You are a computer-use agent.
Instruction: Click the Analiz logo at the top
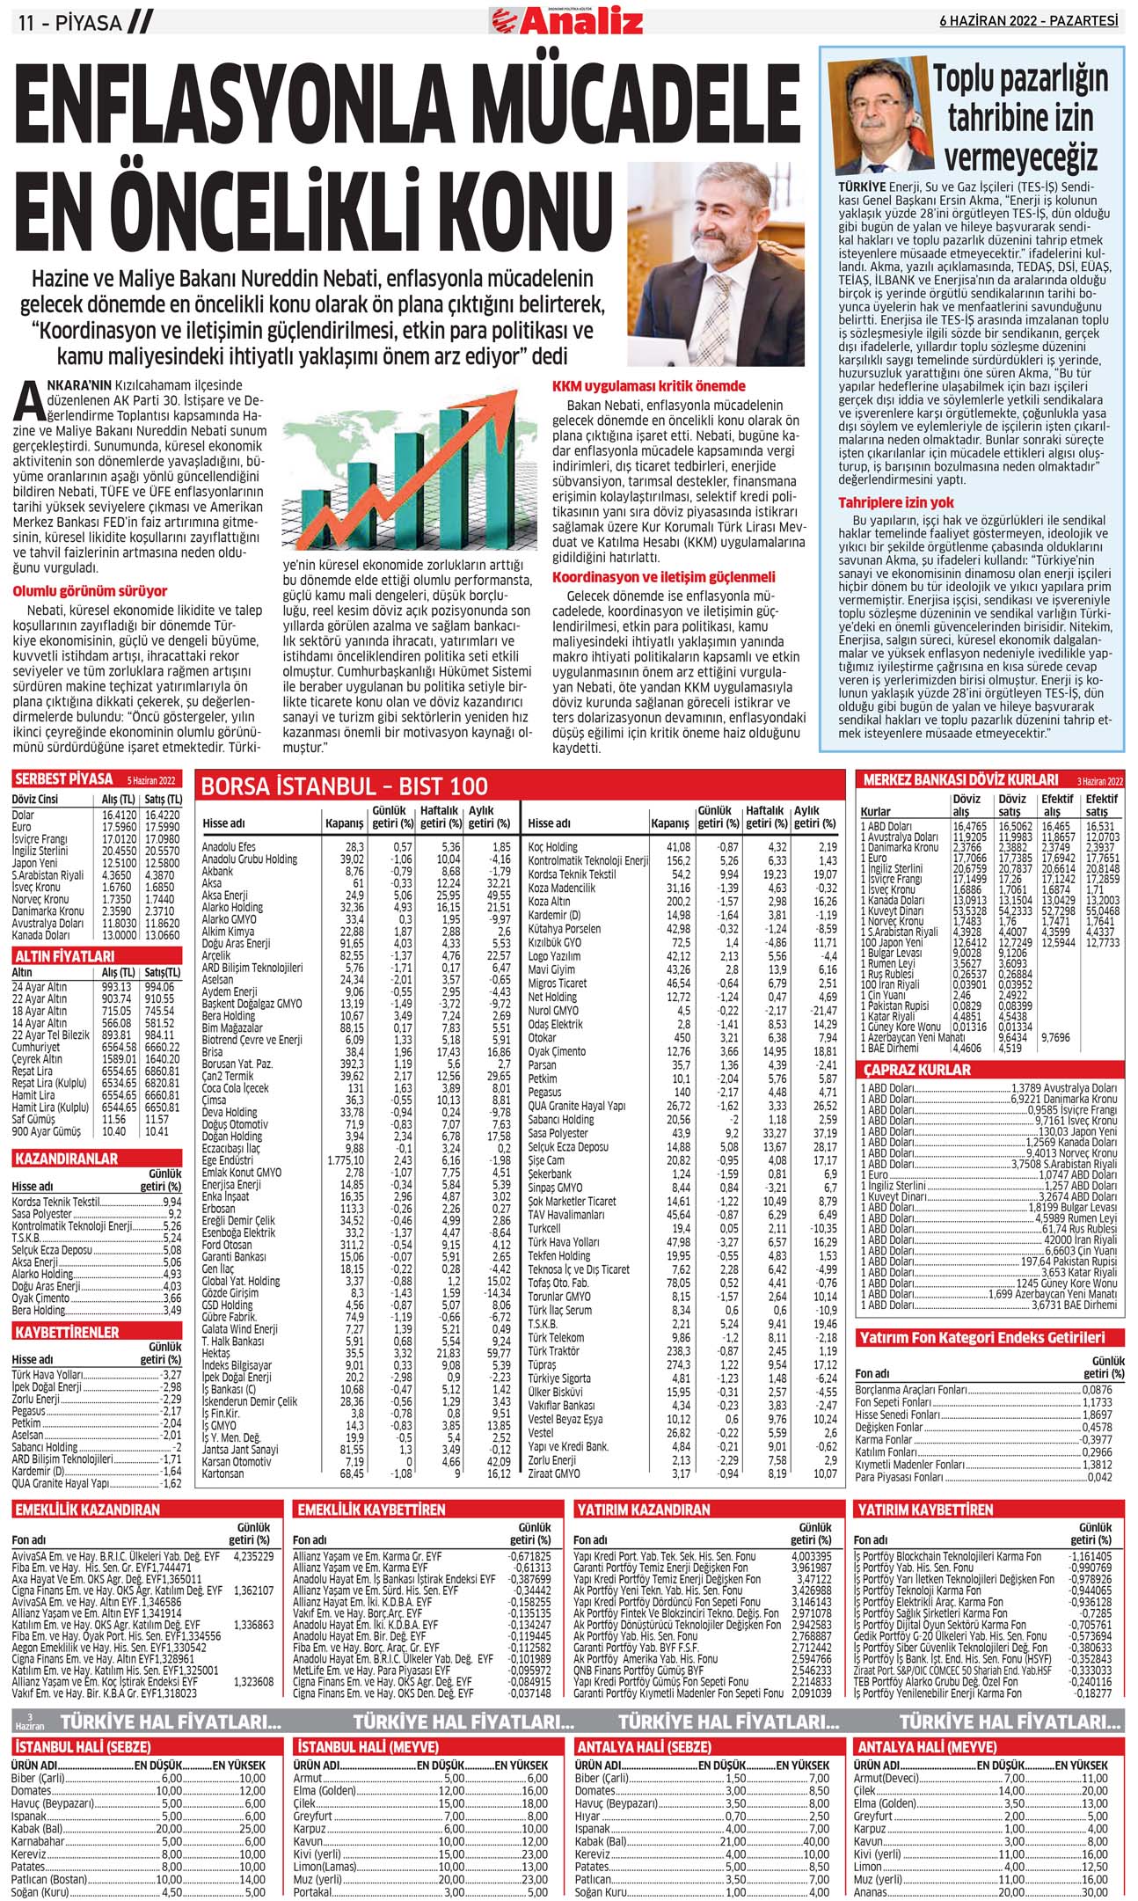(x=567, y=19)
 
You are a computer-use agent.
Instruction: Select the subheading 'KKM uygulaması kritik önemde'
(x=648, y=386)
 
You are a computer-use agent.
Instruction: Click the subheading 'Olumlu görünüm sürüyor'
(x=90, y=591)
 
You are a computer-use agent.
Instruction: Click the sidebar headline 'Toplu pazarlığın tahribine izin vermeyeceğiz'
(x=1020, y=118)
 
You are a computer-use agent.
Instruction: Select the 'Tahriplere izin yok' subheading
(x=896, y=502)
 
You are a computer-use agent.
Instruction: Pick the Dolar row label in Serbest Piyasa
(x=24, y=815)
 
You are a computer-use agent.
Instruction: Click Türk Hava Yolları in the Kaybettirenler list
(x=47, y=1374)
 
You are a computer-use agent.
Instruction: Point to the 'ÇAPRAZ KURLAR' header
(x=916, y=1070)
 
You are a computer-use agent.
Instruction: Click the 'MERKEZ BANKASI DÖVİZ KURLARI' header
(x=961, y=779)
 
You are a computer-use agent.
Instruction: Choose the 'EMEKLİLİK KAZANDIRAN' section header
(x=86, y=1510)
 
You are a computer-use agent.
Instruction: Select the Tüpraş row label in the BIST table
(x=542, y=1365)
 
